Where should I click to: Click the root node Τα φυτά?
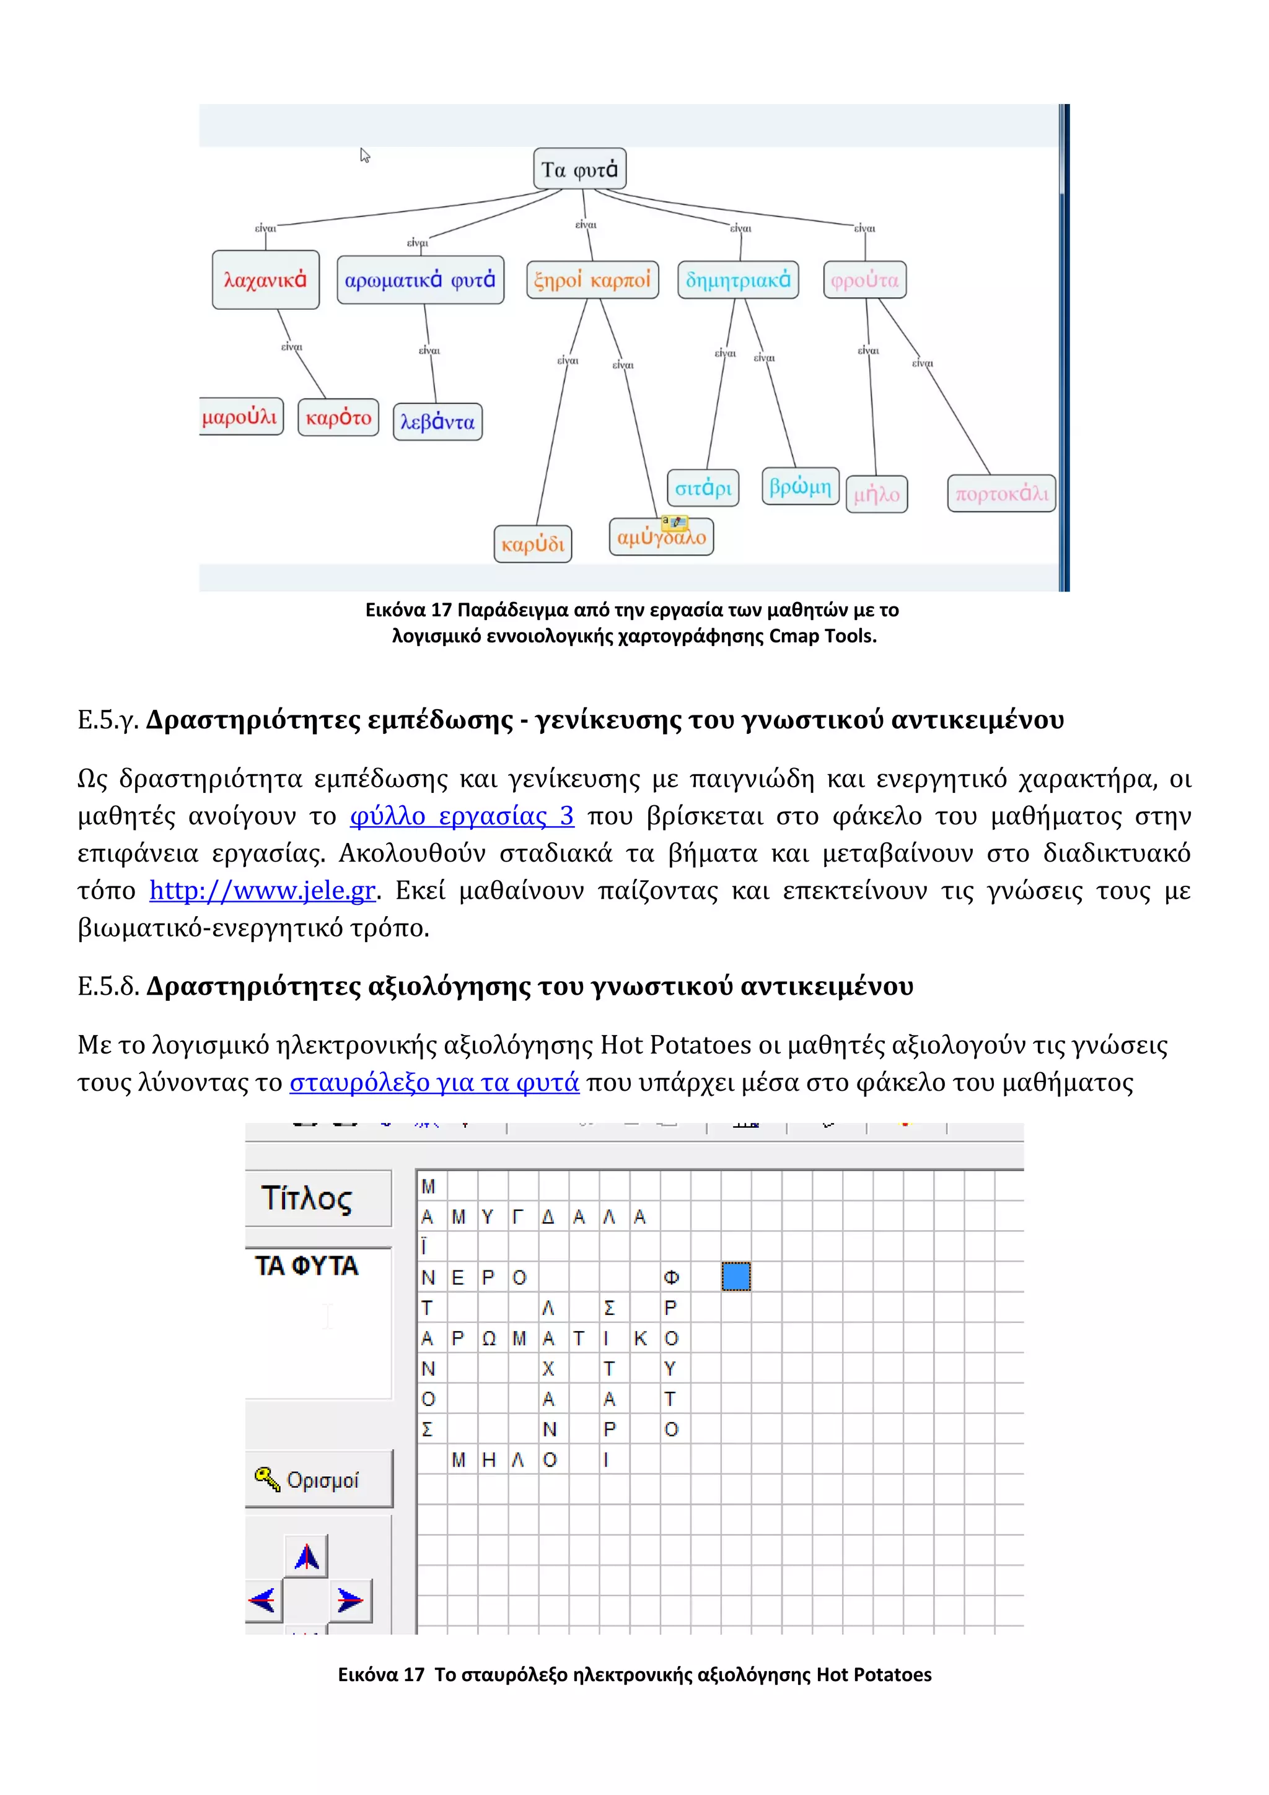pyautogui.click(x=579, y=169)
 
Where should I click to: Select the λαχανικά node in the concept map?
pyautogui.click(x=265, y=280)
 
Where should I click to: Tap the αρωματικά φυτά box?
pyautogui.click(x=420, y=280)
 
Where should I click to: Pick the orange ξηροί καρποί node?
pyautogui.click(x=592, y=280)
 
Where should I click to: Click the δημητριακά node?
pyautogui.click(x=737, y=280)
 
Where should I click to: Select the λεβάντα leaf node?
pyautogui.click(x=437, y=422)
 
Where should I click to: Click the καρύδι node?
pyautogui.click(x=532, y=544)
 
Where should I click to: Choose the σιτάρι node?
pyautogui.click(x=702, y=489)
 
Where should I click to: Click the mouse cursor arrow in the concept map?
pyautogui.click(x=364, y=155)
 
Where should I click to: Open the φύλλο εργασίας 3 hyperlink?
pyautogui.click(x=461, y=816)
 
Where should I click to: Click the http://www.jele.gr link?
pyautogui.click(x=263, y=891)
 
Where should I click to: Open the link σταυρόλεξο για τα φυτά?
pyautogui.click(x=434, y=1082)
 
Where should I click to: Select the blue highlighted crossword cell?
pyautogui.click(x=735, y=1276)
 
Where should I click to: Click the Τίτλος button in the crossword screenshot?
pyautogui.click(x=317, y=1198)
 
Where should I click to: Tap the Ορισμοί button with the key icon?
pyautogui.click(x=318, y=1479)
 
